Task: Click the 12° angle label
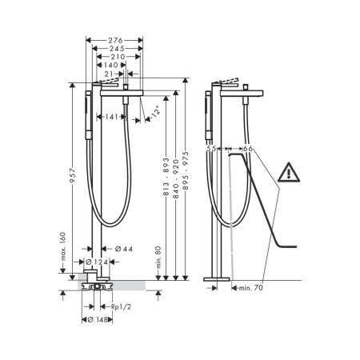(157, 112)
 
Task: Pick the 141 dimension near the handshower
(112, 117)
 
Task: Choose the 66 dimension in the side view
(248, 149)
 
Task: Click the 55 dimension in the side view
(211, 149)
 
